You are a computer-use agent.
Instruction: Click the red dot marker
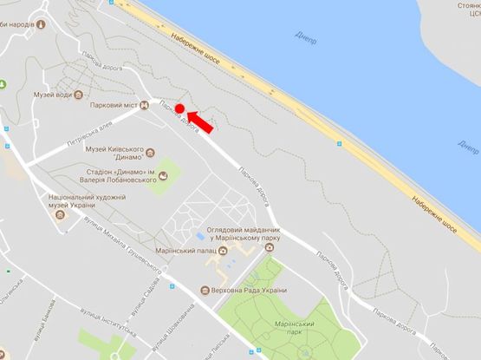click(x=180, y=108)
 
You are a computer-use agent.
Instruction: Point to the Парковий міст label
click(x=114, y=105)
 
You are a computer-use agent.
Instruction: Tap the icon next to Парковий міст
click(x=144, y=105)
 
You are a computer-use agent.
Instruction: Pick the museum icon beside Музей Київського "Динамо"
click(x=151, y=153)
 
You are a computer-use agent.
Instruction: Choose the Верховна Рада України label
click(x=251, y=291)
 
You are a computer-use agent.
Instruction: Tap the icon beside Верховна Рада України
click(x=204, y=291)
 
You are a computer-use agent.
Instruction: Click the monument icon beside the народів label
click(x=41, y=24)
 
